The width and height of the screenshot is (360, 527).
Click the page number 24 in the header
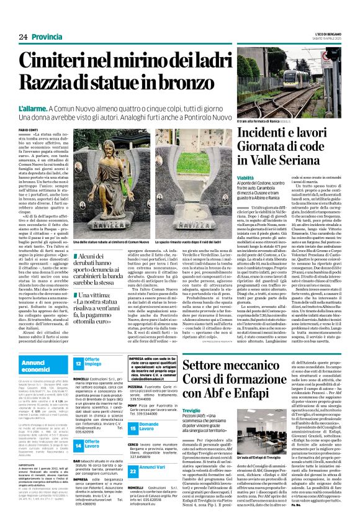(x=24, y=37)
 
